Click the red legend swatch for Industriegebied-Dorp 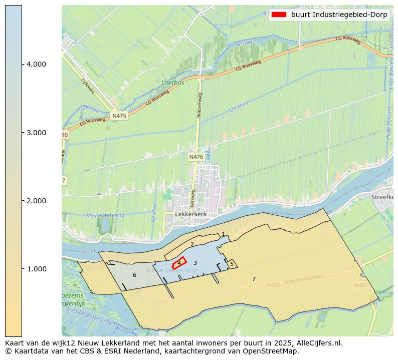pos(278,15)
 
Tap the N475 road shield pos(119,116)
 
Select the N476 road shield pos(196,157)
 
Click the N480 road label pos(273,285)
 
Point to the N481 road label pos(360,285)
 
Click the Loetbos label pos(173,83)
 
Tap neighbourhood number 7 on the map pos(254,279)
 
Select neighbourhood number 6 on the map pos(134,275)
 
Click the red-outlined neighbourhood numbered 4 pos(179,263)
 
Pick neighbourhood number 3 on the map pos(195,263)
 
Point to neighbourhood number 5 pos(232,263)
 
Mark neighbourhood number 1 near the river pos(223,234)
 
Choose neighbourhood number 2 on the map pos(192,244)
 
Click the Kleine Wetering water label pos(105,215)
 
